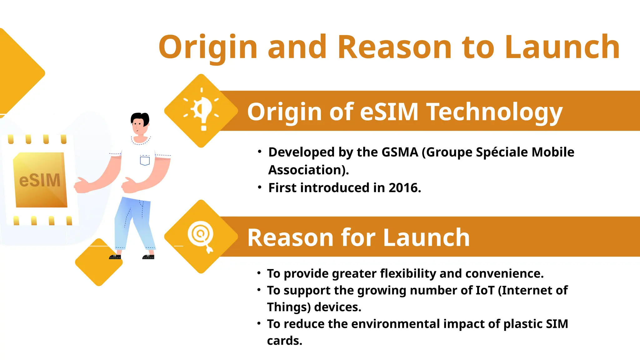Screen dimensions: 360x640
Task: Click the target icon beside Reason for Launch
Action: pos(201,236)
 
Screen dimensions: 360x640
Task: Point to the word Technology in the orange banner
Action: pos(495,112)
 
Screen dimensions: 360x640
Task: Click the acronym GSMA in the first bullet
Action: pos(400,152)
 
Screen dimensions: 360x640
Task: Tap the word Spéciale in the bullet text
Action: pos(502,152)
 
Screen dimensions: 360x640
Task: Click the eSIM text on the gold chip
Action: pos(40,180)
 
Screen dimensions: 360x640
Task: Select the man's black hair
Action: pos(140,118)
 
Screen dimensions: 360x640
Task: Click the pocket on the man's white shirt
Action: pos(145,160)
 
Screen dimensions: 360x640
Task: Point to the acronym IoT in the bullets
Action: pos(485,291)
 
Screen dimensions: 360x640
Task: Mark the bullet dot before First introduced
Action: pos(259,187)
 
